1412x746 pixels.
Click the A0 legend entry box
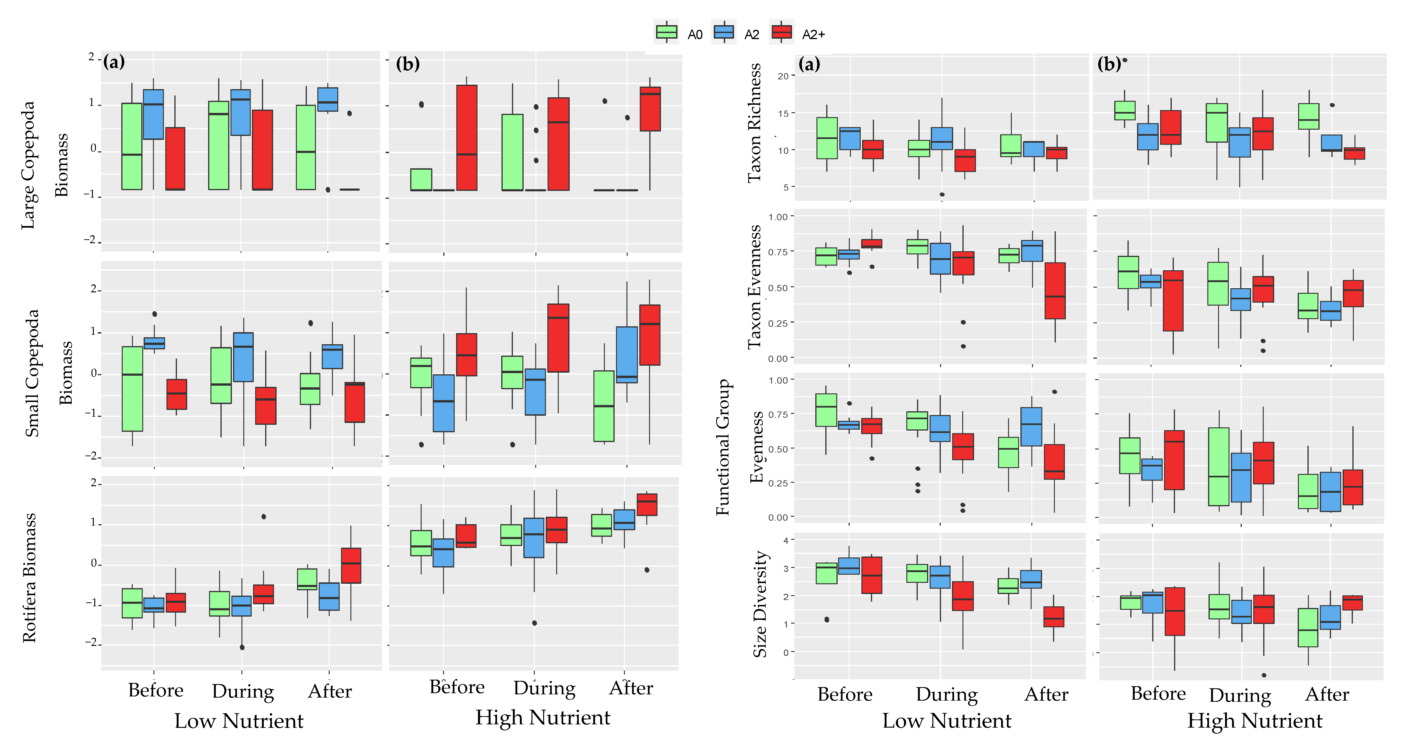[667, 33]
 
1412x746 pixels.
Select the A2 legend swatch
[724, 33]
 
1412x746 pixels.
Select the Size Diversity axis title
[759, 604]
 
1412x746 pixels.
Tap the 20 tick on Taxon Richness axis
[783, 76]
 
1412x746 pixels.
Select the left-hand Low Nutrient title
[239, 721]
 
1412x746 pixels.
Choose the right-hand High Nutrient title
[1255, 721]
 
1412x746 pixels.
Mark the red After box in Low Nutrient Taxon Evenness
[1055, 290]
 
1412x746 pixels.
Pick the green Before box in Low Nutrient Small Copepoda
[132, 389]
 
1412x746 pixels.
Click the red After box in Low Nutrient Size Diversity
[1053, 617]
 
